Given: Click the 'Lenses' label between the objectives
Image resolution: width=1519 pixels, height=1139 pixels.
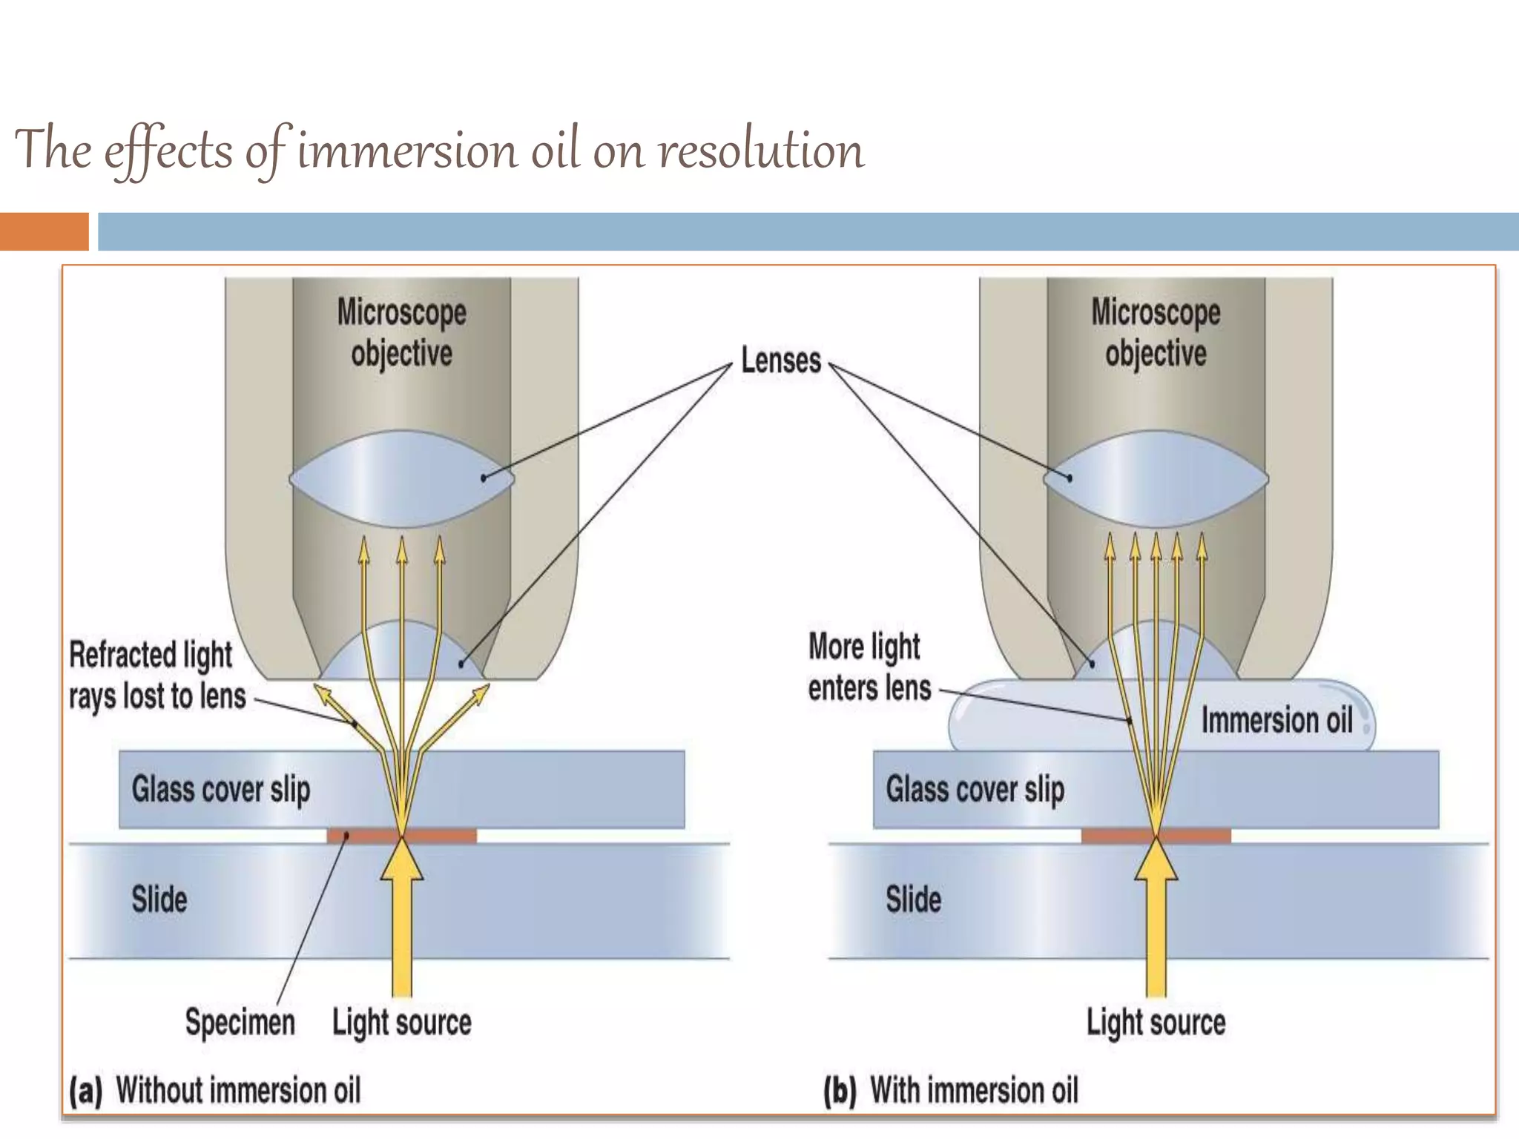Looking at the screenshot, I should click(x=781, y=361).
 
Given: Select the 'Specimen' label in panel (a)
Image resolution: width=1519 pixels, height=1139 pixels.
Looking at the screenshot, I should click(x=240, y=1022).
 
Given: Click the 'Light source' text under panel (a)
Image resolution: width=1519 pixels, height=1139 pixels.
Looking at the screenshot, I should click(x=401, y=1023).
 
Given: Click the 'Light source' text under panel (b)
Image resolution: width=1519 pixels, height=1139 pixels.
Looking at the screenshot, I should click(x=1156, y=1023).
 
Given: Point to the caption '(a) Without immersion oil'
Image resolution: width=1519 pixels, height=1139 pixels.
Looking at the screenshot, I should click(x=215, y=1091).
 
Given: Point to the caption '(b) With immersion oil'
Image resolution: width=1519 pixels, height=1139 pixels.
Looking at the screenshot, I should click(x=951, y=1091).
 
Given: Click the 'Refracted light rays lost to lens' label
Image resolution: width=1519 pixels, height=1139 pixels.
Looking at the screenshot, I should click(x=157, y=676).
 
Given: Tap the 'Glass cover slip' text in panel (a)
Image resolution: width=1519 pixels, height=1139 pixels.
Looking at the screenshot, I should click(x=221, y=789).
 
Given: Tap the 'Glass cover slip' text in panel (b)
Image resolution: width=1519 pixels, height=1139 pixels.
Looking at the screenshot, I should click(x=975, y=789).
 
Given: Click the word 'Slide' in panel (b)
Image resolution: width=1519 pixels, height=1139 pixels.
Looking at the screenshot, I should click(x=913, y=899).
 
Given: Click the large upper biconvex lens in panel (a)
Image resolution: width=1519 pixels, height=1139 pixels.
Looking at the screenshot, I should click(x=401, y=478).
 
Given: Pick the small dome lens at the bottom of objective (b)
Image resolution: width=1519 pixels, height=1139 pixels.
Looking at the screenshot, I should click(x=1155, y=653).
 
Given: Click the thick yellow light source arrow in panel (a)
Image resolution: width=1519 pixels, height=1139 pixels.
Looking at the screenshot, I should click(x=402, y=927).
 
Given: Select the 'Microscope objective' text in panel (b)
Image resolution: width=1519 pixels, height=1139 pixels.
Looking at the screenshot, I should click(x=1156, y=332).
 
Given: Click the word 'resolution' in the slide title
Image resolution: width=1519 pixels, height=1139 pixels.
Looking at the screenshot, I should click(x=761, y=151).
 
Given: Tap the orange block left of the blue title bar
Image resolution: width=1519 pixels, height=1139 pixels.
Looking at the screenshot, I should click(x=44, y=231).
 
